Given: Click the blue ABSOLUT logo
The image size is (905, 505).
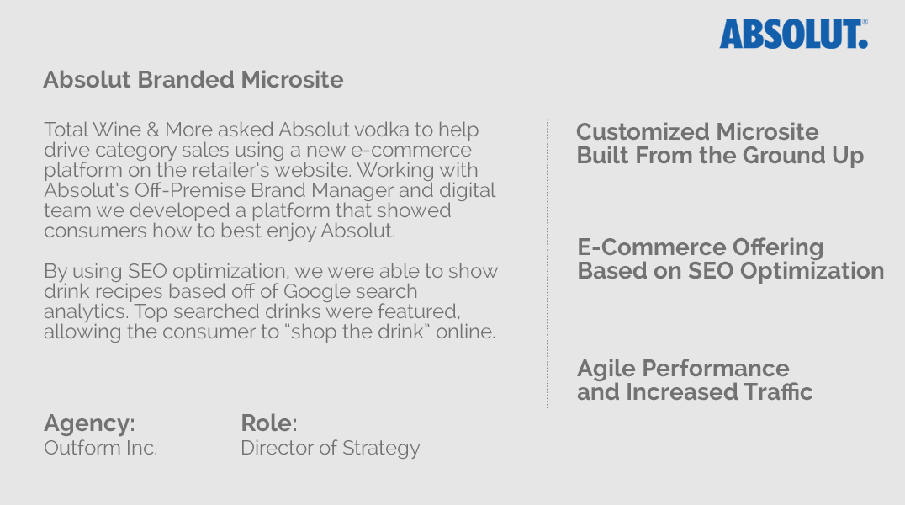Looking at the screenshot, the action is pyautogui.click(x=794, y=35).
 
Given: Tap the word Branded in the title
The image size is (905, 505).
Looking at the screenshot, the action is pyautogui.click(x=186, y=80).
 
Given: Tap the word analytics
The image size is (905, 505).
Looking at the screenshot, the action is pyautogui.click(x=86, y=312).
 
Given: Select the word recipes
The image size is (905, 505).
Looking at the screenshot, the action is pyautogui.click(x=130, y=292).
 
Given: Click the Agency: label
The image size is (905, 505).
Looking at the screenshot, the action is pyautogui.click(x=89, y=423).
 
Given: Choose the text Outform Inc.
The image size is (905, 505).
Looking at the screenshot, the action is pyautogui.click(x=100, y=448).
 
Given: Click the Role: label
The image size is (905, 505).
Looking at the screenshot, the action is pyautogui.click(x=269, y=423).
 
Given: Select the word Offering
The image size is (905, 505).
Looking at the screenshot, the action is pyautogui.click(x=777, y=247).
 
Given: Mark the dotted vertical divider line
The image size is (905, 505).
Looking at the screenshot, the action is pyautogui.click(x=548, y=263).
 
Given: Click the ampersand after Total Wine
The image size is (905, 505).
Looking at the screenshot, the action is pyautogui.click(x=153, y=130).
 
